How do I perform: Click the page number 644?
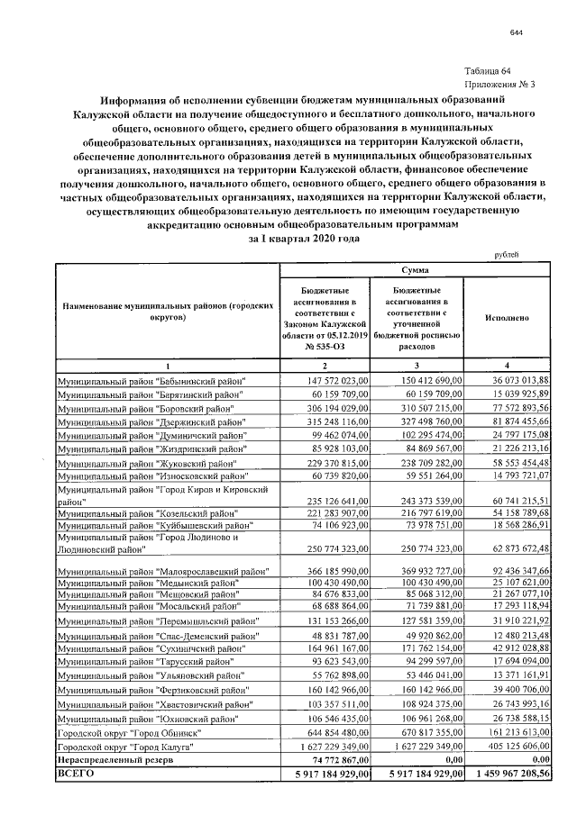[516, 32]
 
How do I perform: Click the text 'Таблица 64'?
[487, 71]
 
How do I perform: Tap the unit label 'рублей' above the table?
[507, 255]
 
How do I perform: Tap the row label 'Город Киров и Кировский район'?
[162, 494]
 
